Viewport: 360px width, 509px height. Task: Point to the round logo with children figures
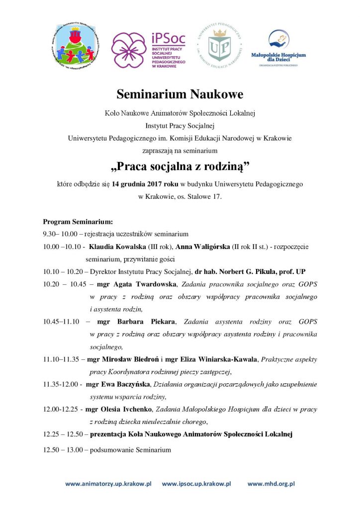[x=75, y=50]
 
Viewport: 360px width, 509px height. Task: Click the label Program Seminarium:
[x=78, y=221]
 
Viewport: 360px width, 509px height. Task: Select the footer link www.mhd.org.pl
[x=271, y=483]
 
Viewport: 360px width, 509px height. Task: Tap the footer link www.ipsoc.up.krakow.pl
[x=197, y=483]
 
